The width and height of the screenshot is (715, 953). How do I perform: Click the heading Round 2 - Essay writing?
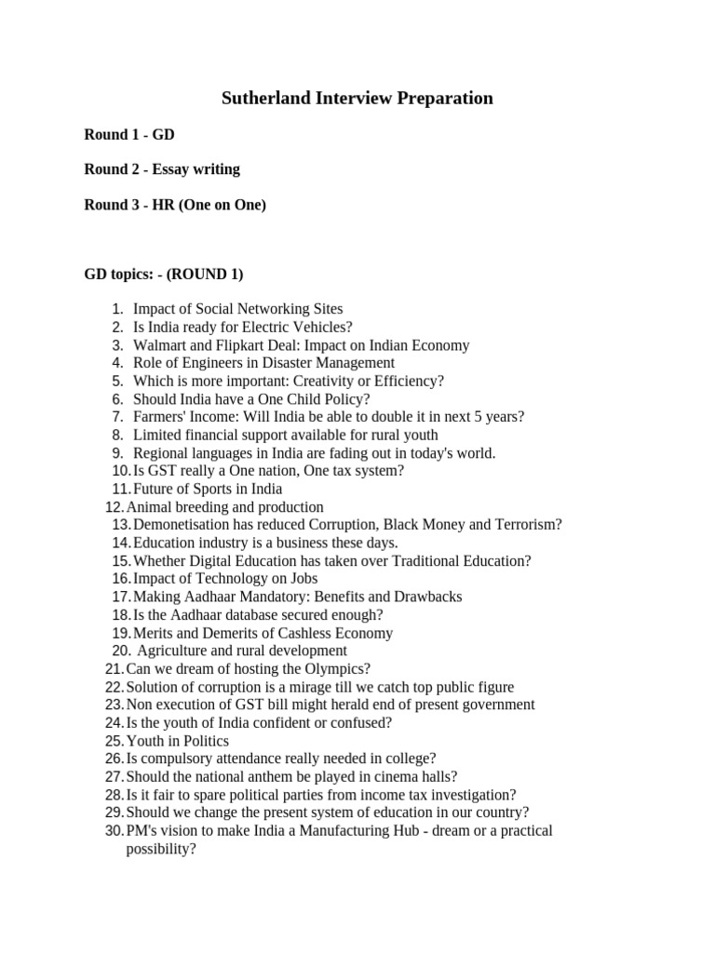pyautogui.click(x=162, y=169)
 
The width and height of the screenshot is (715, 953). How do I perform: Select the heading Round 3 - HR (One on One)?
pyautogui.click(x=175, y=205)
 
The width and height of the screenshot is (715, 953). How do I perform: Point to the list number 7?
pyautogui.click(x=117, y=417)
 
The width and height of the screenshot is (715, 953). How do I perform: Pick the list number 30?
pyautogui.click(x=114, y=831)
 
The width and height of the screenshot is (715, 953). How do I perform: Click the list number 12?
pyautogui.click(x=114, y=507)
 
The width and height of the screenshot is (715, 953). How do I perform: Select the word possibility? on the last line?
pyautogui.click(x=161, y=849)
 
